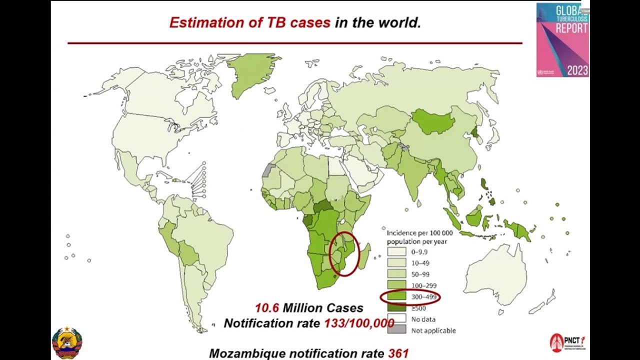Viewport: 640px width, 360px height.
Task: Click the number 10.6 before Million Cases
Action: point(267,308)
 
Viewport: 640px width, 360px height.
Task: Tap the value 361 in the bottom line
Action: point(398,353)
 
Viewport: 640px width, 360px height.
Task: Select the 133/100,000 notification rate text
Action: point(359,323)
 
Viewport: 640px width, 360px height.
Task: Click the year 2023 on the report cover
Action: point(577,70)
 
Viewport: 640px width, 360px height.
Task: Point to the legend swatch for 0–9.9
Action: point(396,251)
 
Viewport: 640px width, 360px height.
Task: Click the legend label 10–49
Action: point(420,263)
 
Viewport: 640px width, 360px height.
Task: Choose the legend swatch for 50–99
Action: point(396,274)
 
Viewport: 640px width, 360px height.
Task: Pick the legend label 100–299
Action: point(423,285)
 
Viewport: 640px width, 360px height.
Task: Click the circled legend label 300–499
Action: point(423,297)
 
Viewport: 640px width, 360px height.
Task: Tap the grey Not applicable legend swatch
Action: point(396,330)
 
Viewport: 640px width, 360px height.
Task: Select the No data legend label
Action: point(423,319)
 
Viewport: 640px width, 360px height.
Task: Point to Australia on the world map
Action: point(495,275)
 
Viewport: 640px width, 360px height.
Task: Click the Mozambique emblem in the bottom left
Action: point(67,342)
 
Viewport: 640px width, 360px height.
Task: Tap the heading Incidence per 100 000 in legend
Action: point(419,233)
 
